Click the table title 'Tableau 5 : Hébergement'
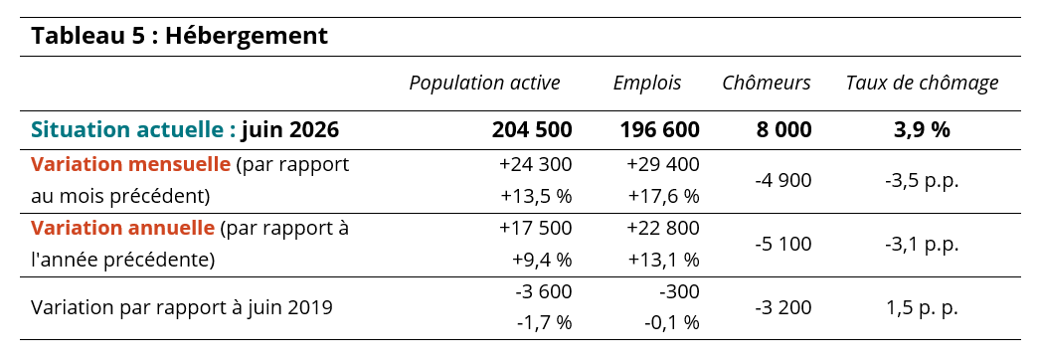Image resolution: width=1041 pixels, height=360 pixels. [179, 36]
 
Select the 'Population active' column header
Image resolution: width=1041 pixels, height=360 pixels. [484, 83]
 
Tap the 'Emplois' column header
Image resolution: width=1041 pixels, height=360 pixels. [647, 83]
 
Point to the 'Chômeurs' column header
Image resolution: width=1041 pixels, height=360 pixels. [767, 83]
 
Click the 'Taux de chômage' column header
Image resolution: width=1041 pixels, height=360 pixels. [922, 83]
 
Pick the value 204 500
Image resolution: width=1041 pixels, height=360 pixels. [532, 130]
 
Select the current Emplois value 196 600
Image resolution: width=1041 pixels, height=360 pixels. [660, 130]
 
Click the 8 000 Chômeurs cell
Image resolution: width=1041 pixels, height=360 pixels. [783, 130]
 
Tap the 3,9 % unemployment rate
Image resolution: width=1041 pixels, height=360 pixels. [922, 130]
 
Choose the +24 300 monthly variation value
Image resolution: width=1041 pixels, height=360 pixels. [535, 165]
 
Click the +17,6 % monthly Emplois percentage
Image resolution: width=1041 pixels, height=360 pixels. [664, 197]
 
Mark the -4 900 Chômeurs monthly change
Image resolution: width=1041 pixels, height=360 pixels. [783, 181]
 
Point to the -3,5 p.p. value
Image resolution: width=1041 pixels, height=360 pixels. [922, 181]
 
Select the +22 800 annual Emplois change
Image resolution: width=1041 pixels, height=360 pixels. [663, 229]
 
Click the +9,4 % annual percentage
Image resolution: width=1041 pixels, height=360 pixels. [542, 261]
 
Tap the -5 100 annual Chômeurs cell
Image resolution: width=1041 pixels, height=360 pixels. [783, 245]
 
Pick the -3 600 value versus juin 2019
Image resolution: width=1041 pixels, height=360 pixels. [543, 292]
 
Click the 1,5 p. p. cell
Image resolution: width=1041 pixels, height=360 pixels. [922, 308]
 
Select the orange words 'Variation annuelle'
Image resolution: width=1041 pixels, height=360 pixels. [123, 229]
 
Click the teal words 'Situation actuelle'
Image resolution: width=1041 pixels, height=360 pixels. [133, 130]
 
